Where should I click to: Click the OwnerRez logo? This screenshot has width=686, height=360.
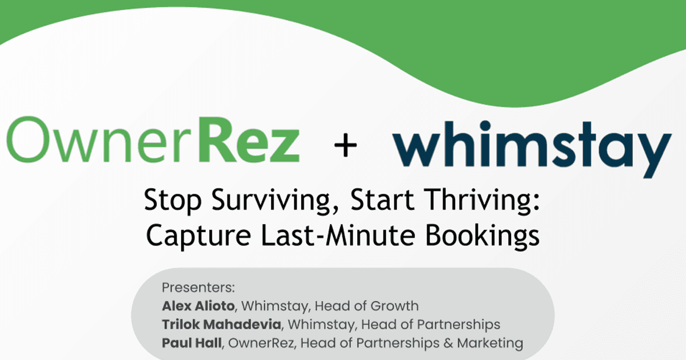pyautogui.click(x=153, y=139)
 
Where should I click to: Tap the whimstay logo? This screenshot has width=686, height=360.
pyautogui.click(x=532, y=149)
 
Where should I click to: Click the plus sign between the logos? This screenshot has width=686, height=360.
pyautogui.click(x=345, y=145)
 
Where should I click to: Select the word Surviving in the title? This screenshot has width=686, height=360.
pyautogui.click(x=275, y=201)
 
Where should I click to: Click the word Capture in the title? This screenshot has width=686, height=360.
pyautogui.click(x=198, y=236)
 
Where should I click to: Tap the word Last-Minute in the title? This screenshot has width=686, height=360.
pyautogui.click(x=338, y=235)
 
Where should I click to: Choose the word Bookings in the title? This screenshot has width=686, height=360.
pyautogui.click(x=482, y=236)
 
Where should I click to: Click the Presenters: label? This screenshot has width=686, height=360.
pyautogui.click(x=198, y=288)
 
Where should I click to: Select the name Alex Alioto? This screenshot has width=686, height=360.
pyautogui.click(x=198, y=306)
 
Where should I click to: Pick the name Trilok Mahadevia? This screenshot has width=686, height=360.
pyautogui.click(x=221, y=325)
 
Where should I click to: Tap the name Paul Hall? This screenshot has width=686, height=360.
pyautogui.click(x=192, y=343)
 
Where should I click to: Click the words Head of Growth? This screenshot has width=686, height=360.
pyautogui.click(x=366, y=306)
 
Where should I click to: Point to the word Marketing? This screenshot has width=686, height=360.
pyautogui.click(x=490, y=343)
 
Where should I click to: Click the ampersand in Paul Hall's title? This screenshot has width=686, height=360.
pyautogui.click(x=448, y=343)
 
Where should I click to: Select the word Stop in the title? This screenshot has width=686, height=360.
pyautogui.click(x=173, y=201)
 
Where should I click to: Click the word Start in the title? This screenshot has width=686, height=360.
pyautogui.click(x=382, y=201)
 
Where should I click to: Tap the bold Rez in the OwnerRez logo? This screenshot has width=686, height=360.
pyautogui.click(x=249, y=139)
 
